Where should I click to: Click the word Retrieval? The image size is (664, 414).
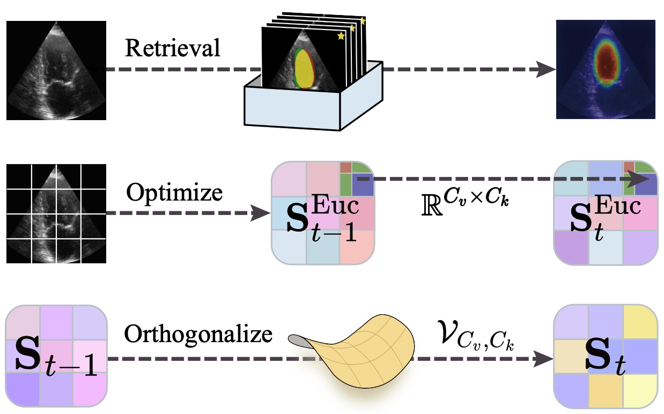(x=172, y=48)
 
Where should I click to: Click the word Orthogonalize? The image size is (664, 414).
(x=198, y=335)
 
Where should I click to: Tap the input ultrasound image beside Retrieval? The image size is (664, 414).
(x=56, y=70)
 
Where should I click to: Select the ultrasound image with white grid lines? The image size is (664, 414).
(x=56, y=213)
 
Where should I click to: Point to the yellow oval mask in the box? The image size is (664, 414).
(x=304, y=69)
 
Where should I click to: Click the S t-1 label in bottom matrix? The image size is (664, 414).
(x=54, y=357)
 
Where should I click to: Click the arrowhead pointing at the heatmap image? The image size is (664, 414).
(x=546, y=70)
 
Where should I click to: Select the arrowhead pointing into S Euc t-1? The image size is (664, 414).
(x=260, y=213)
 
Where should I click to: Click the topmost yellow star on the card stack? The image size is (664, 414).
(x=363, y=21)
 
